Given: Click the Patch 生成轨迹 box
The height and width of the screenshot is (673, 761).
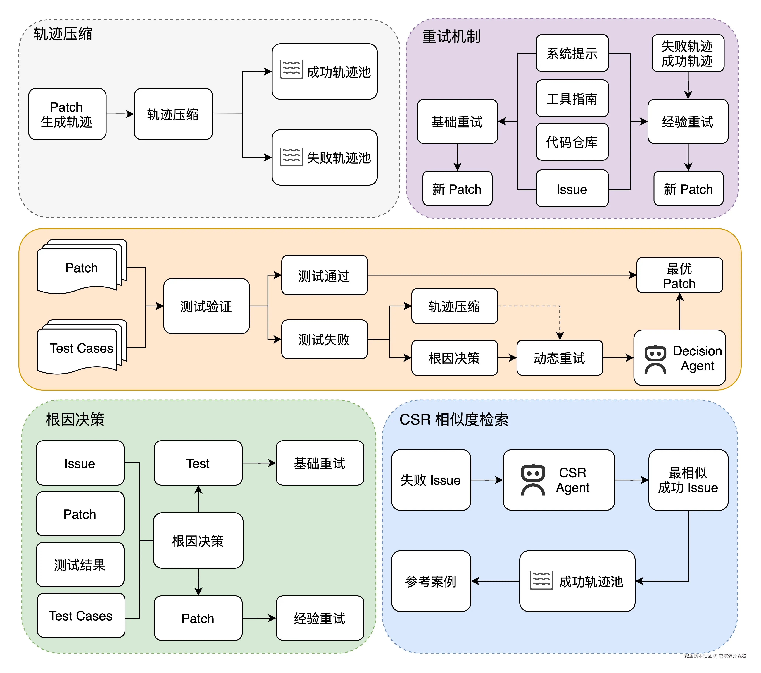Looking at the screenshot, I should [67, 114].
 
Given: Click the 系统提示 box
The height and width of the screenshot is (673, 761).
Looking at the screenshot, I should [572, 53].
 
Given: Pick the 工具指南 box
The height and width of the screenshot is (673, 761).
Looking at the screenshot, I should [572, 98].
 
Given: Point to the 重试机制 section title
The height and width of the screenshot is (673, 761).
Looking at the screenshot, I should [451, 37].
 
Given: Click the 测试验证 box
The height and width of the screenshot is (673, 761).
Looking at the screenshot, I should [206, 306].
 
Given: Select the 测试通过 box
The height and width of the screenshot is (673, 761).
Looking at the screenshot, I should [324, 275].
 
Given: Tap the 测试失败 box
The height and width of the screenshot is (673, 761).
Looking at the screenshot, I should [324, 339].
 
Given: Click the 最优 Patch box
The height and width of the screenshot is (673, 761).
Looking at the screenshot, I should [679, 275].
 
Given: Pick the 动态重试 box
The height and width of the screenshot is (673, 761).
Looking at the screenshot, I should [559, 358].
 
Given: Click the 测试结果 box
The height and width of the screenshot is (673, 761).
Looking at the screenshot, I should [80, 565].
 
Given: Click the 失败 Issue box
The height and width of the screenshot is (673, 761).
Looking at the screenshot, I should [431, 480].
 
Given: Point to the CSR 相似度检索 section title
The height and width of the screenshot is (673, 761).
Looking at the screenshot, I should [453, 420].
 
